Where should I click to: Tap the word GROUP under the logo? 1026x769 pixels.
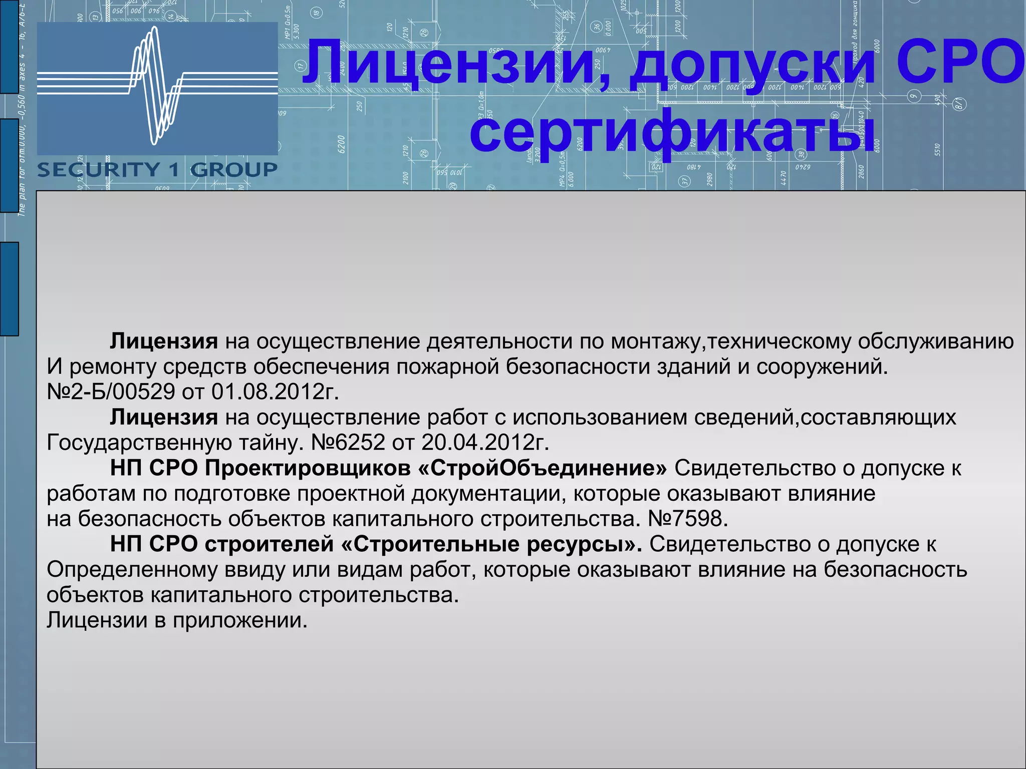234,170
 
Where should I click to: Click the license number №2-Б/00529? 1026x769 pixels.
111,392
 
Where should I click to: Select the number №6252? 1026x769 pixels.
348,442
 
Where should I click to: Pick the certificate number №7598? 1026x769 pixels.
687,519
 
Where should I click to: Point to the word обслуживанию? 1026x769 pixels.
936,341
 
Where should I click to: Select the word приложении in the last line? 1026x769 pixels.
240,620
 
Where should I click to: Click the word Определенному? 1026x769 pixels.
132,570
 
